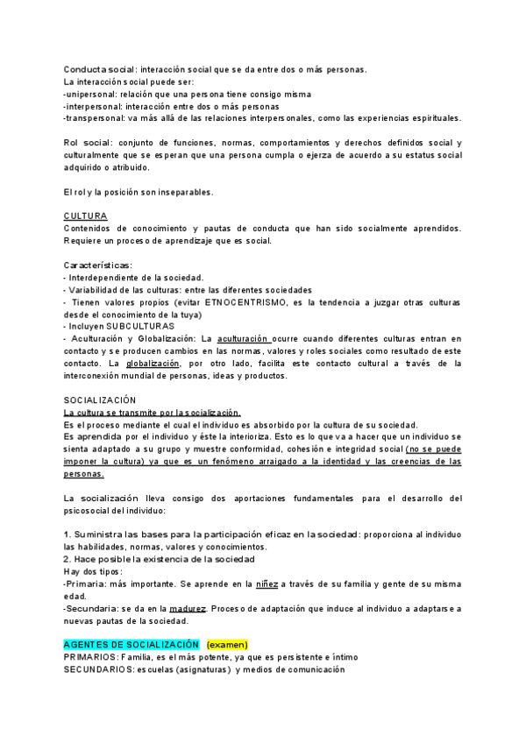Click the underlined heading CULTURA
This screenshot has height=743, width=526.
[85, 216]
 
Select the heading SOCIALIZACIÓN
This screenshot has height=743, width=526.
[99, 400]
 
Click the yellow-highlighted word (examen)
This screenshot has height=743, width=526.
[227, 644]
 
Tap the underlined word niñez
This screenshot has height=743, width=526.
[267, 583]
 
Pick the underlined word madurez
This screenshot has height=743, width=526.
[189, 607]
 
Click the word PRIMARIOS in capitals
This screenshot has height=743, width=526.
[96, 656]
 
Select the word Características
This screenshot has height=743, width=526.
[98, 265]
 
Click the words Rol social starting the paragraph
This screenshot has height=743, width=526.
[89, 143]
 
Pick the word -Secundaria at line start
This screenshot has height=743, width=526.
[91, 607]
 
